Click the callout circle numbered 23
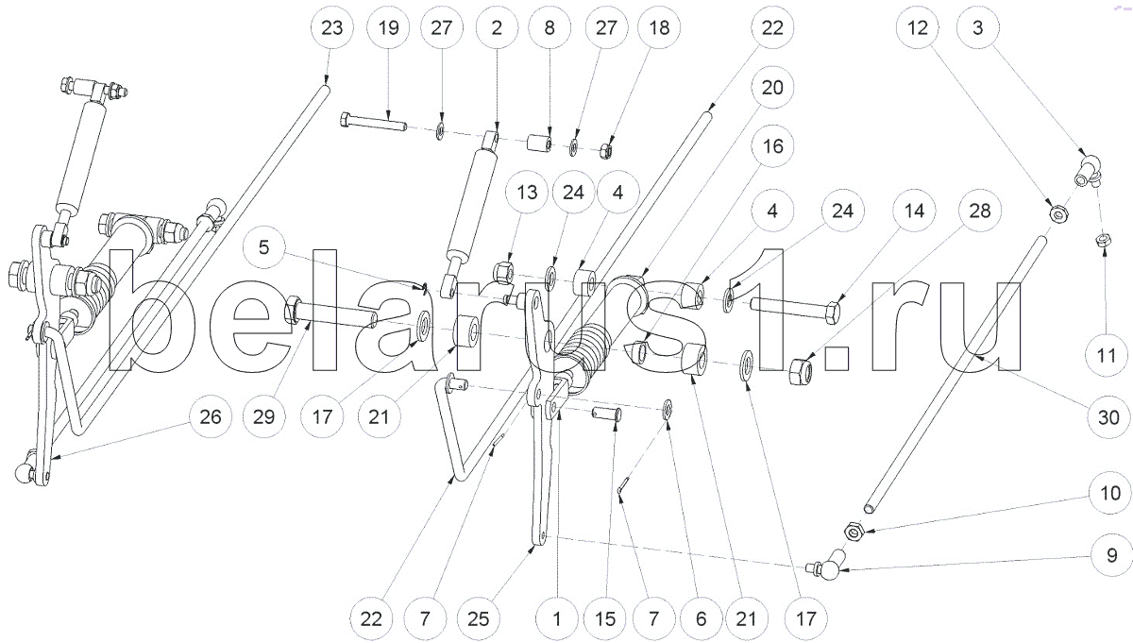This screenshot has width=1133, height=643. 331,28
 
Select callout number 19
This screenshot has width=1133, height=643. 388,28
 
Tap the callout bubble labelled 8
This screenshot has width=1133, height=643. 549,28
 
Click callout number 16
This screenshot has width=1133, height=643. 772,147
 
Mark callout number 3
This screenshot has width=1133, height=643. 978,28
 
